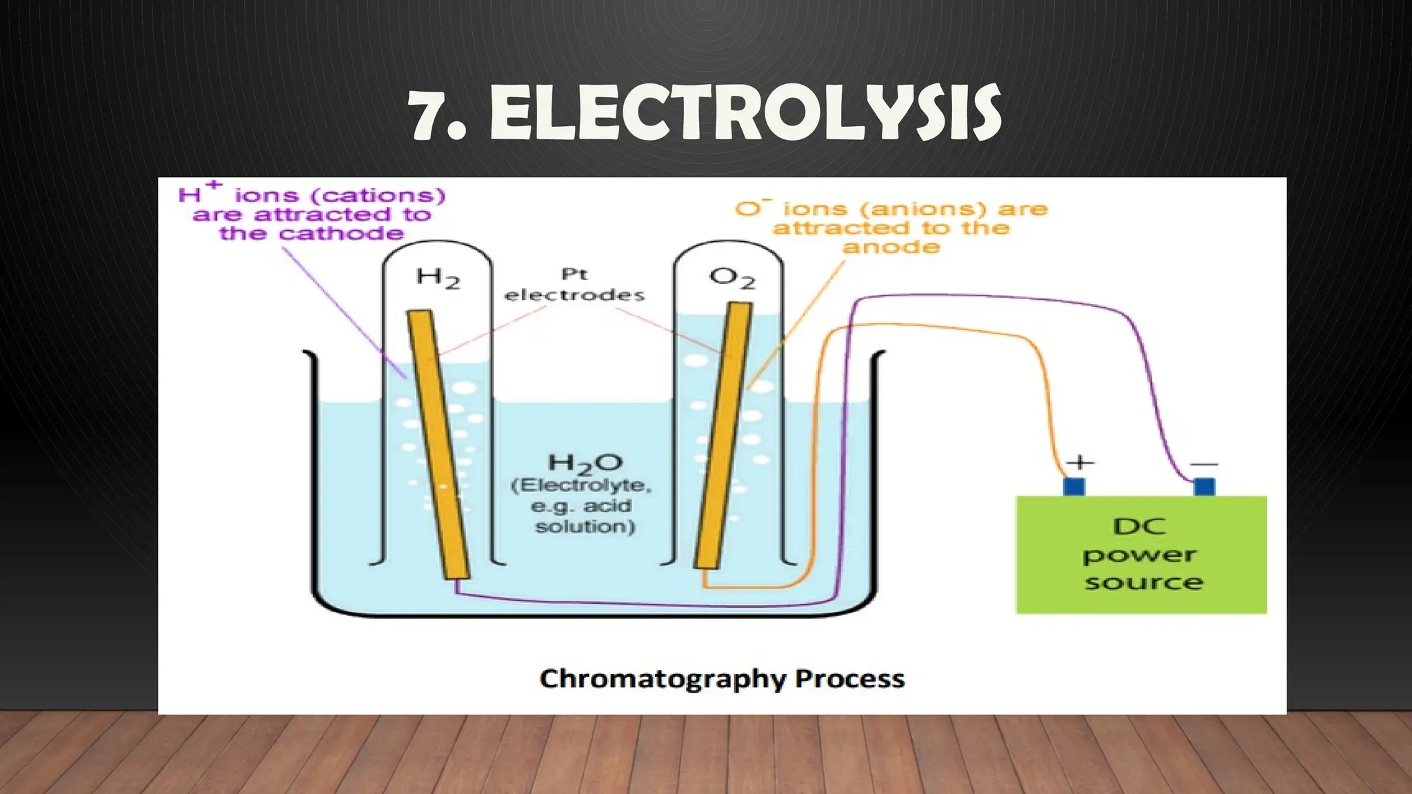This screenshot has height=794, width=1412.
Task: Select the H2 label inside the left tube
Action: pos(438,278)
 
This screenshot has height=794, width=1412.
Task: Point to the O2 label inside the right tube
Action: pos(732,278)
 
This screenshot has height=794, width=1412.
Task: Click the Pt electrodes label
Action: pos(574,285)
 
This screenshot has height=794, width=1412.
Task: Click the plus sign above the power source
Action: pos(1080,462)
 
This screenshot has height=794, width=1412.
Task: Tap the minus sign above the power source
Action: pos(1204,464)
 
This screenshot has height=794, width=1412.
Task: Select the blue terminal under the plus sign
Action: pos(1074,487)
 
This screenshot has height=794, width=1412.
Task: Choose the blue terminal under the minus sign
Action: pos(1204,487)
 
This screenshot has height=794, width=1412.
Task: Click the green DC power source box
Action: pos(1141,554)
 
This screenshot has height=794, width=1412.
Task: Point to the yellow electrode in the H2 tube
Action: pos(438,441)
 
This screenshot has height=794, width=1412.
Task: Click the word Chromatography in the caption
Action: pos(663,679)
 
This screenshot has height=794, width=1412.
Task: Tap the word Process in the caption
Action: pos(849,679)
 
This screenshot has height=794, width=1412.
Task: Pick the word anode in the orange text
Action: pos(891,247)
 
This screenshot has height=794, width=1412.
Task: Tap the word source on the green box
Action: pos(1144,583)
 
